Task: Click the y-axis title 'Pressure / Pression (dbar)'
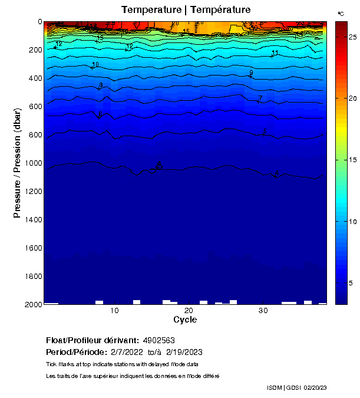coord(18,163)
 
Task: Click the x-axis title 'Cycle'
coord(185,320)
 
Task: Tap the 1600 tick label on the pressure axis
coord(31,248)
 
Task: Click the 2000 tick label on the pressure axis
coord(31,304)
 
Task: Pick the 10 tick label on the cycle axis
coord(115,311)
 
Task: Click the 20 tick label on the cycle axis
coord(189,311)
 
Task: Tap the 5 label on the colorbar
coord(351,283)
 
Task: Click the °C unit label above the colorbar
coord(341,13)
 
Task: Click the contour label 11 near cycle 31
coord(275,54)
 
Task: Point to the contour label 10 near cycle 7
coord(95,65)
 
